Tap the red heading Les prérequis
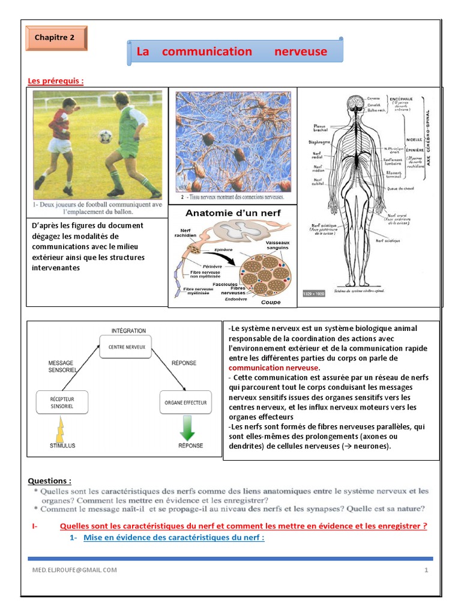[55, 81]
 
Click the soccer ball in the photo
[106, 137]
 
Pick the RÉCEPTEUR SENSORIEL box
[62, 402]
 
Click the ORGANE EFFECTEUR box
[186, 402]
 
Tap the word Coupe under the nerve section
[270, 302]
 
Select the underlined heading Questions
[50, 480]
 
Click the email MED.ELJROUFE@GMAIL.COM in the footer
[74, 569]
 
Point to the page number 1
[426, 569]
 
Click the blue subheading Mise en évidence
[173, 537]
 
